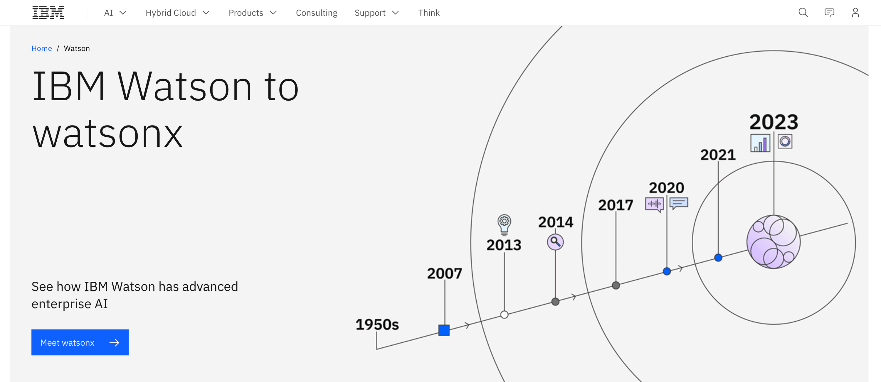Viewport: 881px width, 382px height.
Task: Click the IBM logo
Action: point(48,13)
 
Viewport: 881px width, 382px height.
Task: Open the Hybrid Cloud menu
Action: point(177,13)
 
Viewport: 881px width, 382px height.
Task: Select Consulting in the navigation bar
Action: point(316,13)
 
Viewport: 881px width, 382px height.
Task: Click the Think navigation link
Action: point(429,13)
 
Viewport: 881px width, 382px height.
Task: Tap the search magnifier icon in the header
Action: point(803,13)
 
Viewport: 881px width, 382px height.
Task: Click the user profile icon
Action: point(855,13)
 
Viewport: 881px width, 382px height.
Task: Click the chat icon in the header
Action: point(829,13)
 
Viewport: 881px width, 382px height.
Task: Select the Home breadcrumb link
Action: point(42,48)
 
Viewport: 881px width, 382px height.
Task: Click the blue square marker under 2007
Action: point(444,330)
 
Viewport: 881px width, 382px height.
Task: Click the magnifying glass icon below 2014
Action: point(555,242)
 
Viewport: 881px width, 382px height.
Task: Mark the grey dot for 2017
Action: point(616,285)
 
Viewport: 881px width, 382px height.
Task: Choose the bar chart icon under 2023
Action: point(760,143)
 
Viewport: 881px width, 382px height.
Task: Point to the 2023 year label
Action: point(774,122)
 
